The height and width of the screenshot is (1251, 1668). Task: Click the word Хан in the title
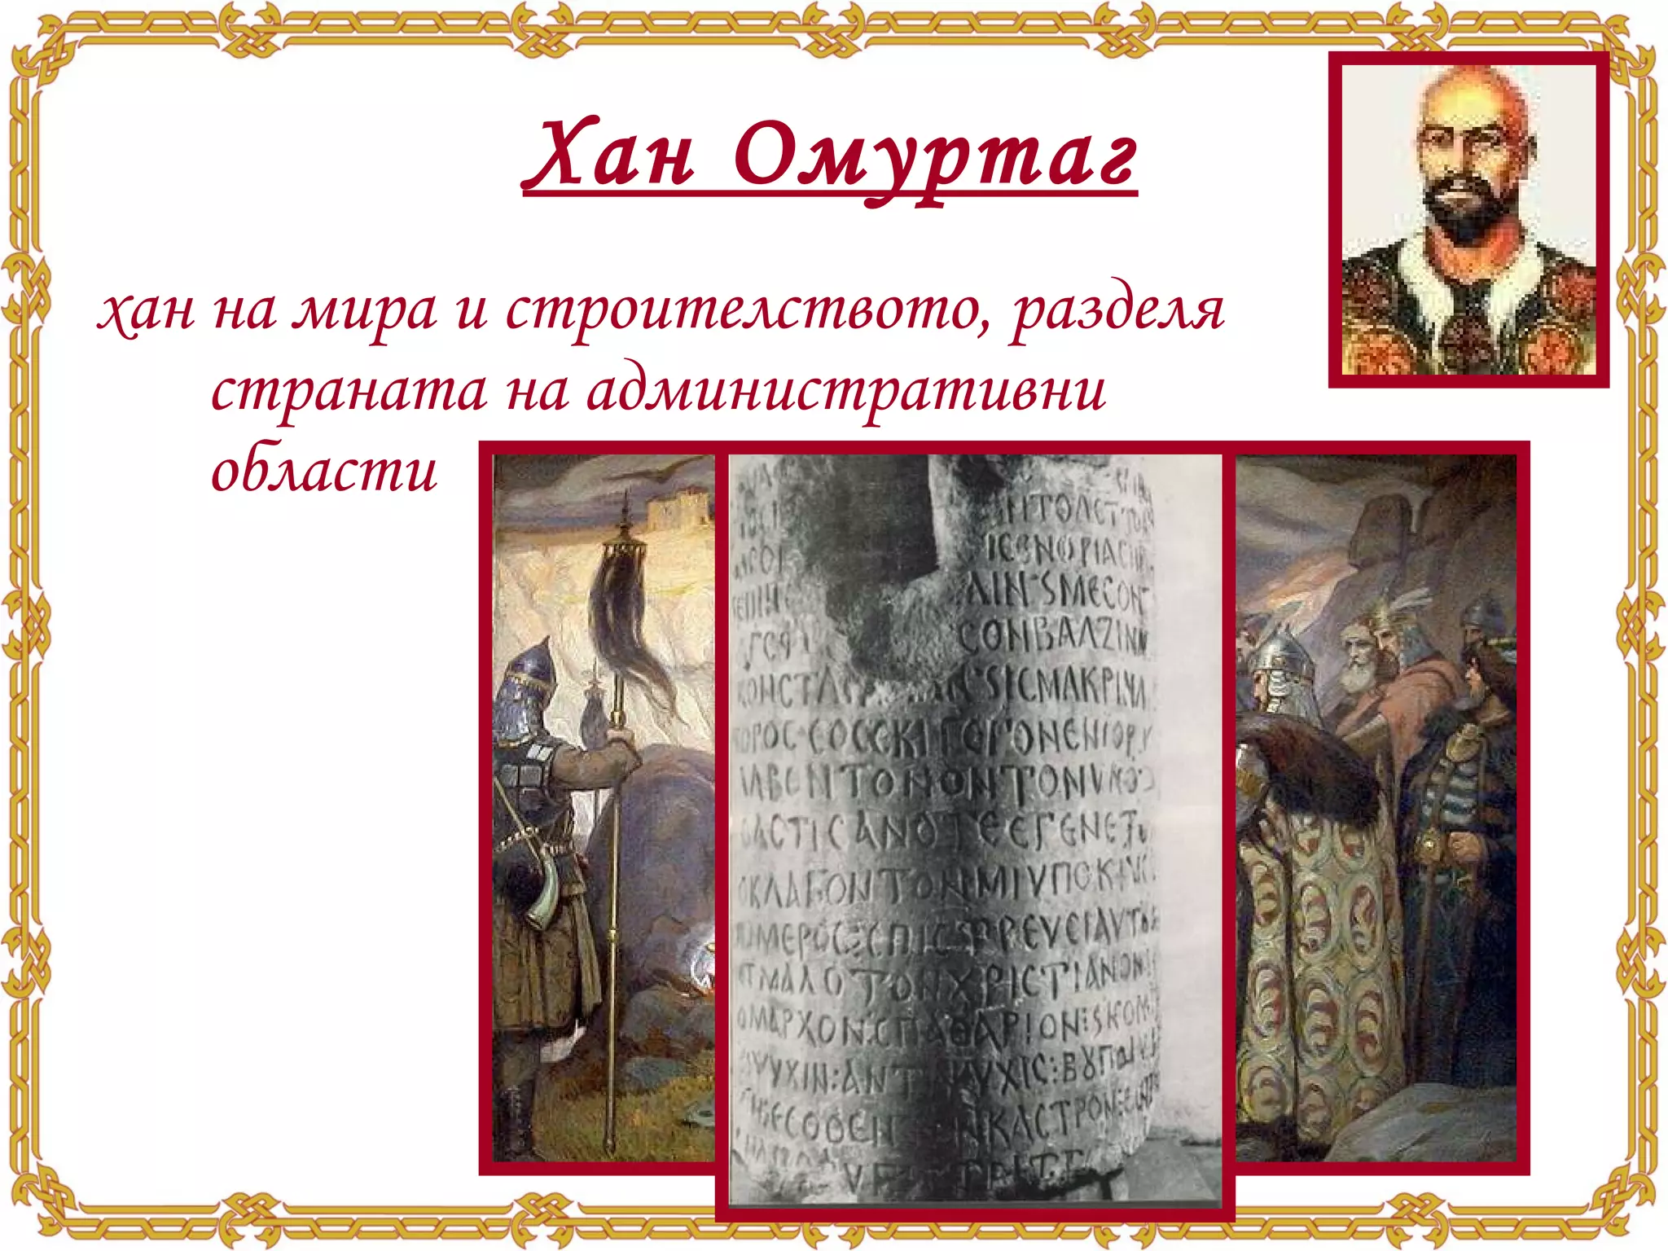(610, 155)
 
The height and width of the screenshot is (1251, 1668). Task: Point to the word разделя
(1117, 311)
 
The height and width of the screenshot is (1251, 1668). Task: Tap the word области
(324, 471)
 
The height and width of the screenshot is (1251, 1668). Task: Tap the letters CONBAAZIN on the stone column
(1051, 635)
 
